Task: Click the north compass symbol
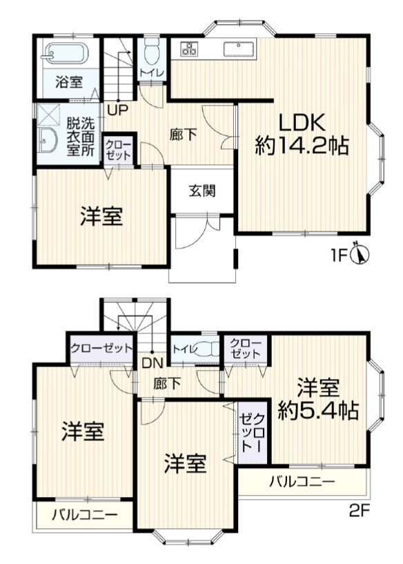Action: tap(360, 254)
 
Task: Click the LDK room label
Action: tap(301, 122)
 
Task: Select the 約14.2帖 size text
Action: tap(301, 146)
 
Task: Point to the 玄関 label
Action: tap(202, 191)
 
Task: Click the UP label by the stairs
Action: tap(117, 109)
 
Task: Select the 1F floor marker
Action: tap(337, 255)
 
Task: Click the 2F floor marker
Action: tap(360, 512)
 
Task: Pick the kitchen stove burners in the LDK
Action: tap(189, 48)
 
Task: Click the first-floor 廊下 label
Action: tap(183, 135)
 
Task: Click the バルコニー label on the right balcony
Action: tap(302, 481)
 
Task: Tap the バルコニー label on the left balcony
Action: tap(84, 515)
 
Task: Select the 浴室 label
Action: tap(69, 81)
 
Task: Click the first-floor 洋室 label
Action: tap(101, 217)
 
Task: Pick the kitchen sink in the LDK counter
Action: tap(239, 48)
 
